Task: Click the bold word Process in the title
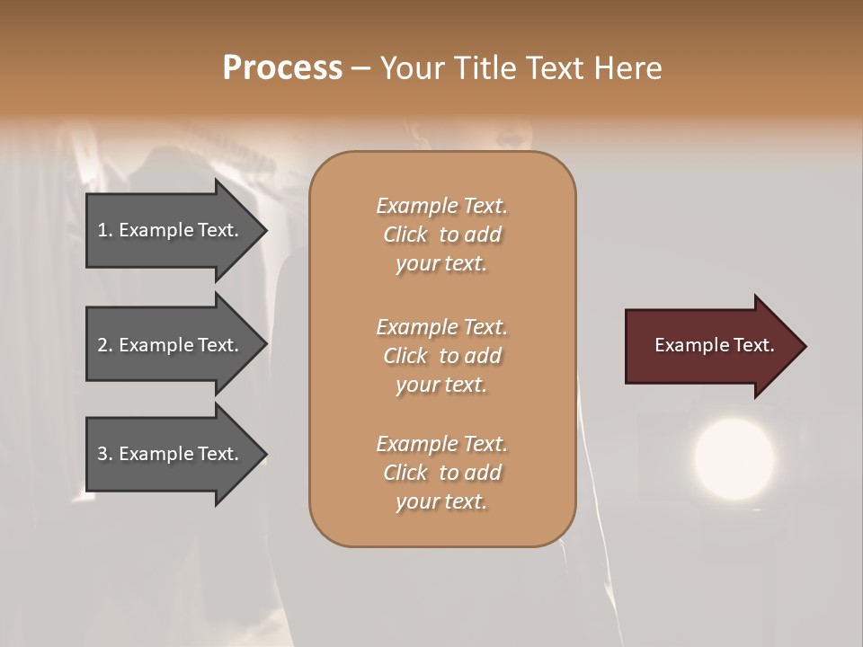[x=282, y=68]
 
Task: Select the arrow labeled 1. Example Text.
[x=171, y=230]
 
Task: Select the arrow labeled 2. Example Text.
[x=171, y=345]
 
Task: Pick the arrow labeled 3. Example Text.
[x=171, y=454]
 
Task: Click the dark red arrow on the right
[x=710, y=346]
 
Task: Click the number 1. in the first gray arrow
[x=105, y=230]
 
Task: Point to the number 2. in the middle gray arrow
[x=105, y=345]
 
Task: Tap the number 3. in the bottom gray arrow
[x=105, y=454]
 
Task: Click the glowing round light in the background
[x=734, y=458]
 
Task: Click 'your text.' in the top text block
[x=441, y=264]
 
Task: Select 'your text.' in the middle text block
[x=441, y=385]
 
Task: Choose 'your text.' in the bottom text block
[x=441, y=502]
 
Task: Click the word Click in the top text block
[x=405, y=235]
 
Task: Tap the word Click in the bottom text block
[x=405, y=474]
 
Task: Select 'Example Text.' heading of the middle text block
[x=441, y=327]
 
